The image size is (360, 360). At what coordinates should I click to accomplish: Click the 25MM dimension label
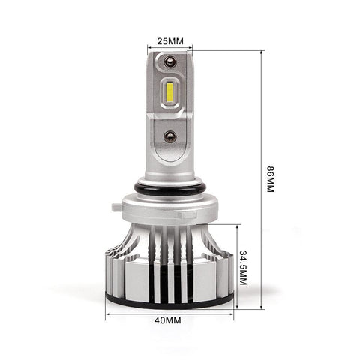click(x=170, y=41)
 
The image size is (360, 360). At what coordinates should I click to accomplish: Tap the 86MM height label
click(x=270, y=179)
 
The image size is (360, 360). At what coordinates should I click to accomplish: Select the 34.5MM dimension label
click(x=243, y=268)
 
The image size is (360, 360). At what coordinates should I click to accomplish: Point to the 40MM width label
click(x=167, y=320)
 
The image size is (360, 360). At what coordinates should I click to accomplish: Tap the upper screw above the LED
click(x=170, y=61)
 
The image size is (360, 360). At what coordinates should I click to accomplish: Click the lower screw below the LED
click(x=169, y=136)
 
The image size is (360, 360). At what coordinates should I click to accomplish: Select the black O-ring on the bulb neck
click(x=170, y=188)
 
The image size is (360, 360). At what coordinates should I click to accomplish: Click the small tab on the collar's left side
click(x=117, y=207)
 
